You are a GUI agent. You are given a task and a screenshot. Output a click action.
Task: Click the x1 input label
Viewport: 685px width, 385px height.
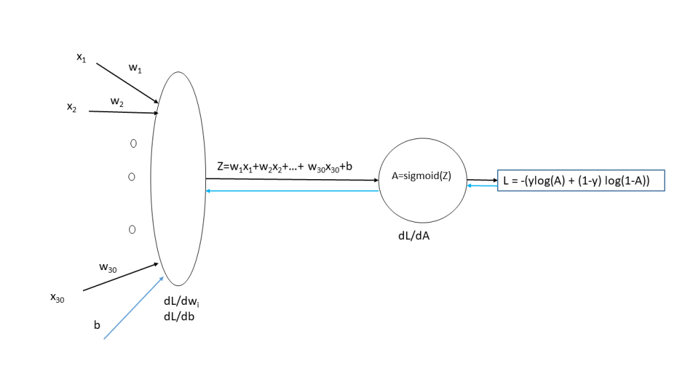(81, 58)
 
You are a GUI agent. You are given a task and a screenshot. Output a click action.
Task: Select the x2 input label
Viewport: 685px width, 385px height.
(71, 106)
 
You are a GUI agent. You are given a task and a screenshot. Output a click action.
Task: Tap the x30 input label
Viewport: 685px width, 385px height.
(58, 299)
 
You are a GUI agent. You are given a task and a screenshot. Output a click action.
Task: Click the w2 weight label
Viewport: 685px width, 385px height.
(117, 101)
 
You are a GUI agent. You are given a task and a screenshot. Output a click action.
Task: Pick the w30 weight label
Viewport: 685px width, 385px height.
(108, 267)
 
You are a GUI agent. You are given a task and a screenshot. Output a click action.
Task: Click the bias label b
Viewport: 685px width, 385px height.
(97, 326)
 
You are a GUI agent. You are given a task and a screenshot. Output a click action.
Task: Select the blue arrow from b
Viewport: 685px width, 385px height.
(132, 308)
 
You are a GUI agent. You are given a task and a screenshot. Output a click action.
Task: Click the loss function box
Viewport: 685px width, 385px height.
(580, 181)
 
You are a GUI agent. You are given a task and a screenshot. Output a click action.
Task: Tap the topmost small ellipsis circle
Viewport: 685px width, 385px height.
(133, 143)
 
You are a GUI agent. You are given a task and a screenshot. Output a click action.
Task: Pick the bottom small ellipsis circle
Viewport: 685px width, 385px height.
(132, 229)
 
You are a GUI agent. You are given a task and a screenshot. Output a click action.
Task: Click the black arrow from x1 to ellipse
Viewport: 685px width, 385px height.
(127, 84)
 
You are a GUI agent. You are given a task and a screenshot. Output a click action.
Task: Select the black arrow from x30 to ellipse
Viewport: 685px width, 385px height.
(120, 277)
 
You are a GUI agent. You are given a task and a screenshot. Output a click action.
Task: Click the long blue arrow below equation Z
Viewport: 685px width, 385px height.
(292, 191)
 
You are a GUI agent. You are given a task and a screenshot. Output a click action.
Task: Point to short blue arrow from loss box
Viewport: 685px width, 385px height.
(482, 186)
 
